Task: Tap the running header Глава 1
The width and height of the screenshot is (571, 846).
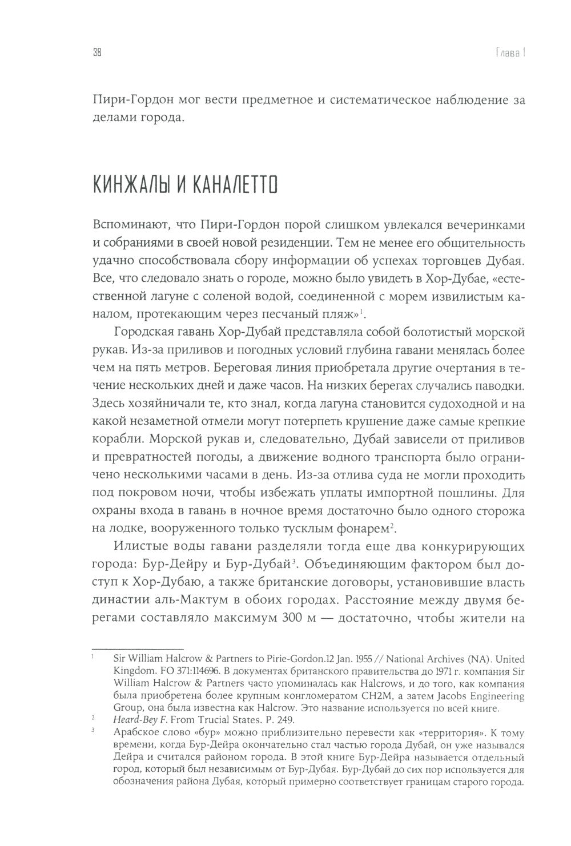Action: click(508, 53)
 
